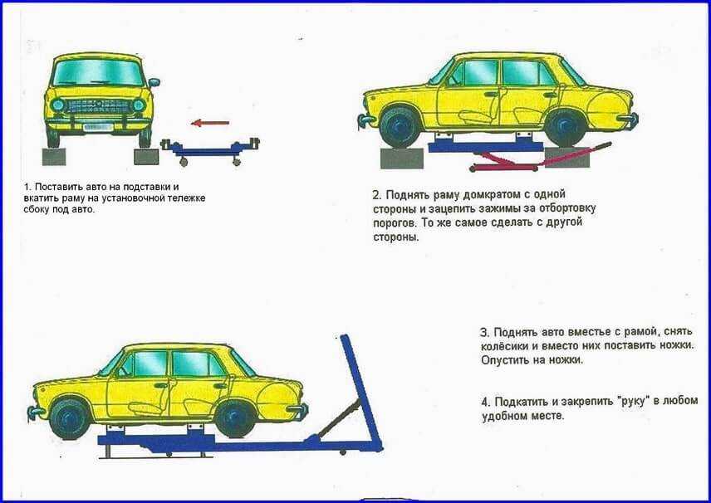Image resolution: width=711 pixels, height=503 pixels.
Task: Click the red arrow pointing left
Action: coord(210,123)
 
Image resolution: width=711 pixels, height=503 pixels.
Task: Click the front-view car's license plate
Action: coord(98,127)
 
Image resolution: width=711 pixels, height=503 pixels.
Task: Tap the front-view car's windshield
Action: coord(99,73)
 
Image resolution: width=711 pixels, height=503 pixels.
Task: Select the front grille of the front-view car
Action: coord(99,106)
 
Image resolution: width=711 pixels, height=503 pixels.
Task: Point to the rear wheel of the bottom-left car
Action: coord(235,418)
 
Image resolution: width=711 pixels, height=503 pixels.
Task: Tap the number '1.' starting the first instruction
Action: coord(27,187)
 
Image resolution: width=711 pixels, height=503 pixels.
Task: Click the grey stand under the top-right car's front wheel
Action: coord(402,159)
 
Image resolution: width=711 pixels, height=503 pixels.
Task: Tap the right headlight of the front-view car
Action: coord(139,105)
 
